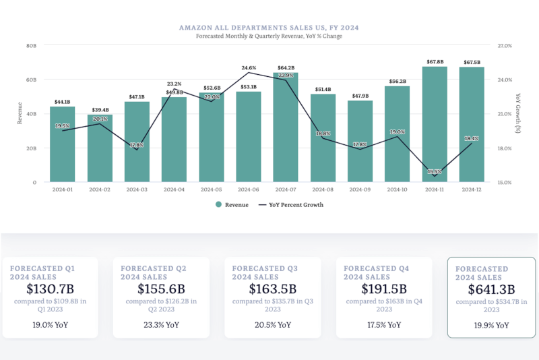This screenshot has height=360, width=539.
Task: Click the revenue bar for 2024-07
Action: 285,128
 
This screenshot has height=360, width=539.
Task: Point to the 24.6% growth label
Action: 249,67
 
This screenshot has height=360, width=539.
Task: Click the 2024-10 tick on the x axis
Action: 397,190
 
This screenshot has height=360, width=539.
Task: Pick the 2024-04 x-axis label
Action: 174,190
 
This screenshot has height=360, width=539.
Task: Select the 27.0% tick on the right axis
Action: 505,46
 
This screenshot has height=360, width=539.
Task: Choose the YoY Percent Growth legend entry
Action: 291,205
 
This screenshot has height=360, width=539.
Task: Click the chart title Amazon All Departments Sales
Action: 269,28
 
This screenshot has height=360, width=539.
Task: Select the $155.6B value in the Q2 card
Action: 160,288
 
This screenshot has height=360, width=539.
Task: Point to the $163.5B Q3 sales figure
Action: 269,288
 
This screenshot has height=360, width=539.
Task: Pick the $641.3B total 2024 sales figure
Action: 492,289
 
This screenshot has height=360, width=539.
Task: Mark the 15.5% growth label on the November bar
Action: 435,172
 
